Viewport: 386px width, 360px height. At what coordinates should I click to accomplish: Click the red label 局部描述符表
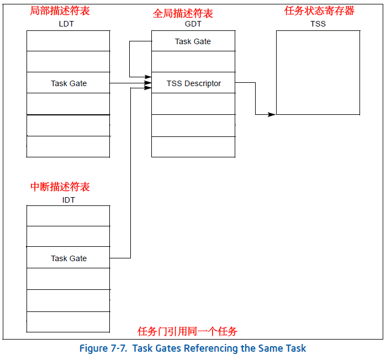59,10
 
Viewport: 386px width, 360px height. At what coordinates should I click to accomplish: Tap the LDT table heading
66,24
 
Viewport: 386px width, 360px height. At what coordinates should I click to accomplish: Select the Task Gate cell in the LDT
68,83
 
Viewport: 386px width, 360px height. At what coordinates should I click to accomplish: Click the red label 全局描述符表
183,14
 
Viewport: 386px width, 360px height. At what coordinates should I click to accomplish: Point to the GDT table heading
193,25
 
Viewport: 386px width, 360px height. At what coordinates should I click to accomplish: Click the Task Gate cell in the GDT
193,41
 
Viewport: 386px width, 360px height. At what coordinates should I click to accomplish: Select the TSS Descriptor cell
193,83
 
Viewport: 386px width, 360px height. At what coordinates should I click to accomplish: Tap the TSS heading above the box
318,24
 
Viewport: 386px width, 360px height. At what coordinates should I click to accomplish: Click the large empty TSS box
318,72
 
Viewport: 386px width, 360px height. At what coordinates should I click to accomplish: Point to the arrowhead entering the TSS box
272,115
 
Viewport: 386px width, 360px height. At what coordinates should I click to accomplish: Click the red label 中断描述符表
60,187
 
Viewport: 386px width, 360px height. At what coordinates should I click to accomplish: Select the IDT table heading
68,200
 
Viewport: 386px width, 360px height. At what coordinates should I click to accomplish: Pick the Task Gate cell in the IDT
68,258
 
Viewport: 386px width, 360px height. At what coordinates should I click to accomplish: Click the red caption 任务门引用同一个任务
187,331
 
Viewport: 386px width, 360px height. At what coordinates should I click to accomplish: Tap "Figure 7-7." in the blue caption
102,348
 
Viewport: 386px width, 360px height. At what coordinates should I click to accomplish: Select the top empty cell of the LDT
68,41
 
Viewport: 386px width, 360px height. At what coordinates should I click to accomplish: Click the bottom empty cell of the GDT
193,146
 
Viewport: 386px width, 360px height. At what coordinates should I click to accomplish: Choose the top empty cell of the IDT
68,216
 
